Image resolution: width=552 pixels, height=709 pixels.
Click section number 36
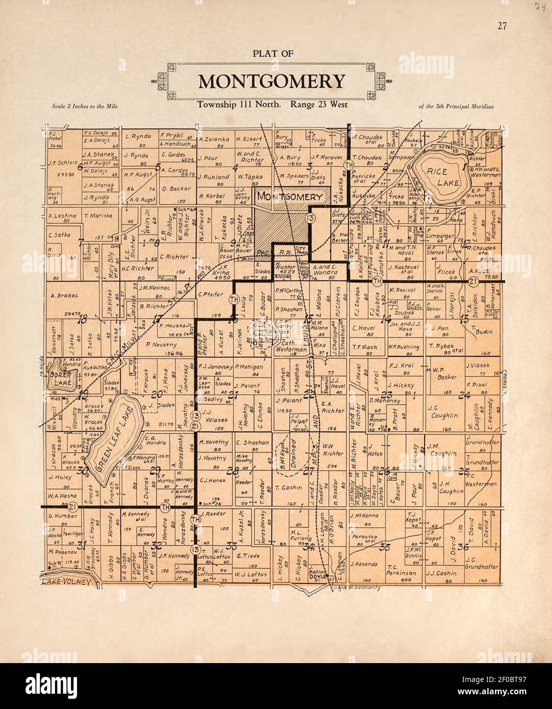point(463,547)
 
